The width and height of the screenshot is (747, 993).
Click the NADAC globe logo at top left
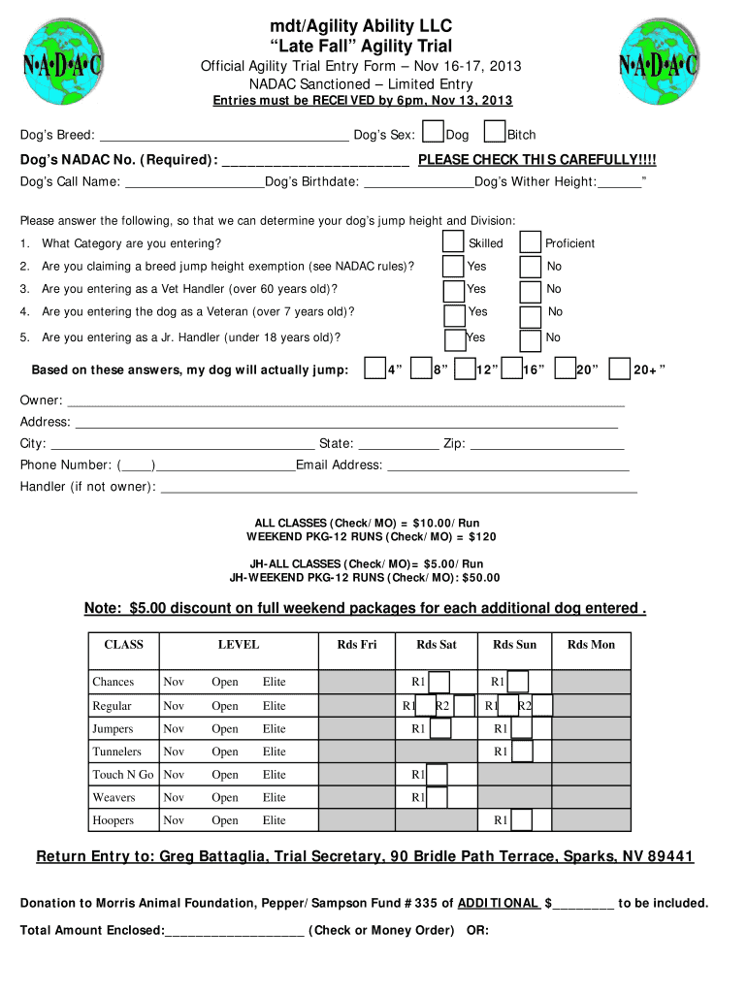click(62, 66)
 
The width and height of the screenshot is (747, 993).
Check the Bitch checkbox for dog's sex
click(494, 133)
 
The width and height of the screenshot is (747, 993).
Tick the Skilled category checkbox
click(453, 242)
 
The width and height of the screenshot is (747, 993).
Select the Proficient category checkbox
click(530, 242)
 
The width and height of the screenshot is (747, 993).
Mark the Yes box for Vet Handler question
click(453, 289)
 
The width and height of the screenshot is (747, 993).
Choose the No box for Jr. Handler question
click(530, 339)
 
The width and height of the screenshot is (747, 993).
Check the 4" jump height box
click(373, 368)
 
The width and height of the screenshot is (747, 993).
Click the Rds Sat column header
click(436, 645)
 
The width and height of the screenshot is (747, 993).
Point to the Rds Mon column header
click(591, 645)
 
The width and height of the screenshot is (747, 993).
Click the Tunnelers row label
click(116, 752)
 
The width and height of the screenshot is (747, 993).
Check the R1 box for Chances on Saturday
click(438, 682)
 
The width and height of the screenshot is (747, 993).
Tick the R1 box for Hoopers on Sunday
click(520, 820)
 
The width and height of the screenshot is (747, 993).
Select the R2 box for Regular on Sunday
click(542, 706)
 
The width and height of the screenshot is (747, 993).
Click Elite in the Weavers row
click(275, 797)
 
